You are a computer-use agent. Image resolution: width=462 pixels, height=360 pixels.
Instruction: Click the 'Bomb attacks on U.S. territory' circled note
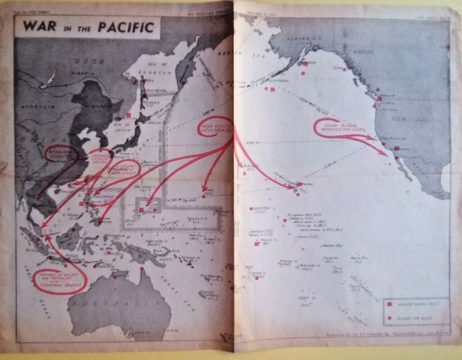[x=214, y=131]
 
